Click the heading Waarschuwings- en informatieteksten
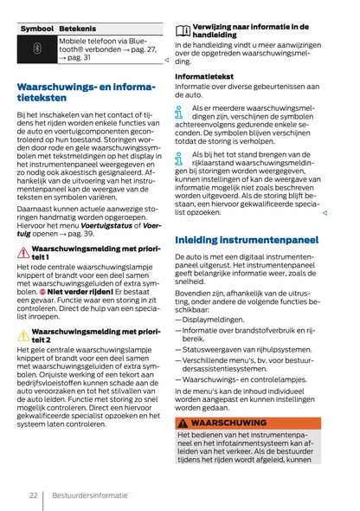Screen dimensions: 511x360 pyautogui.click(x=86, y=93)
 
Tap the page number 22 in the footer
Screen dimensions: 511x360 pyautogui.click(x=32, y=496)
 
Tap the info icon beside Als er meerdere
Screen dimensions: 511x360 pyautogui.click(x=179, y=112)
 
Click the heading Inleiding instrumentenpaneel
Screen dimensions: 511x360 pyautogui.click(x=246, y=238)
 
